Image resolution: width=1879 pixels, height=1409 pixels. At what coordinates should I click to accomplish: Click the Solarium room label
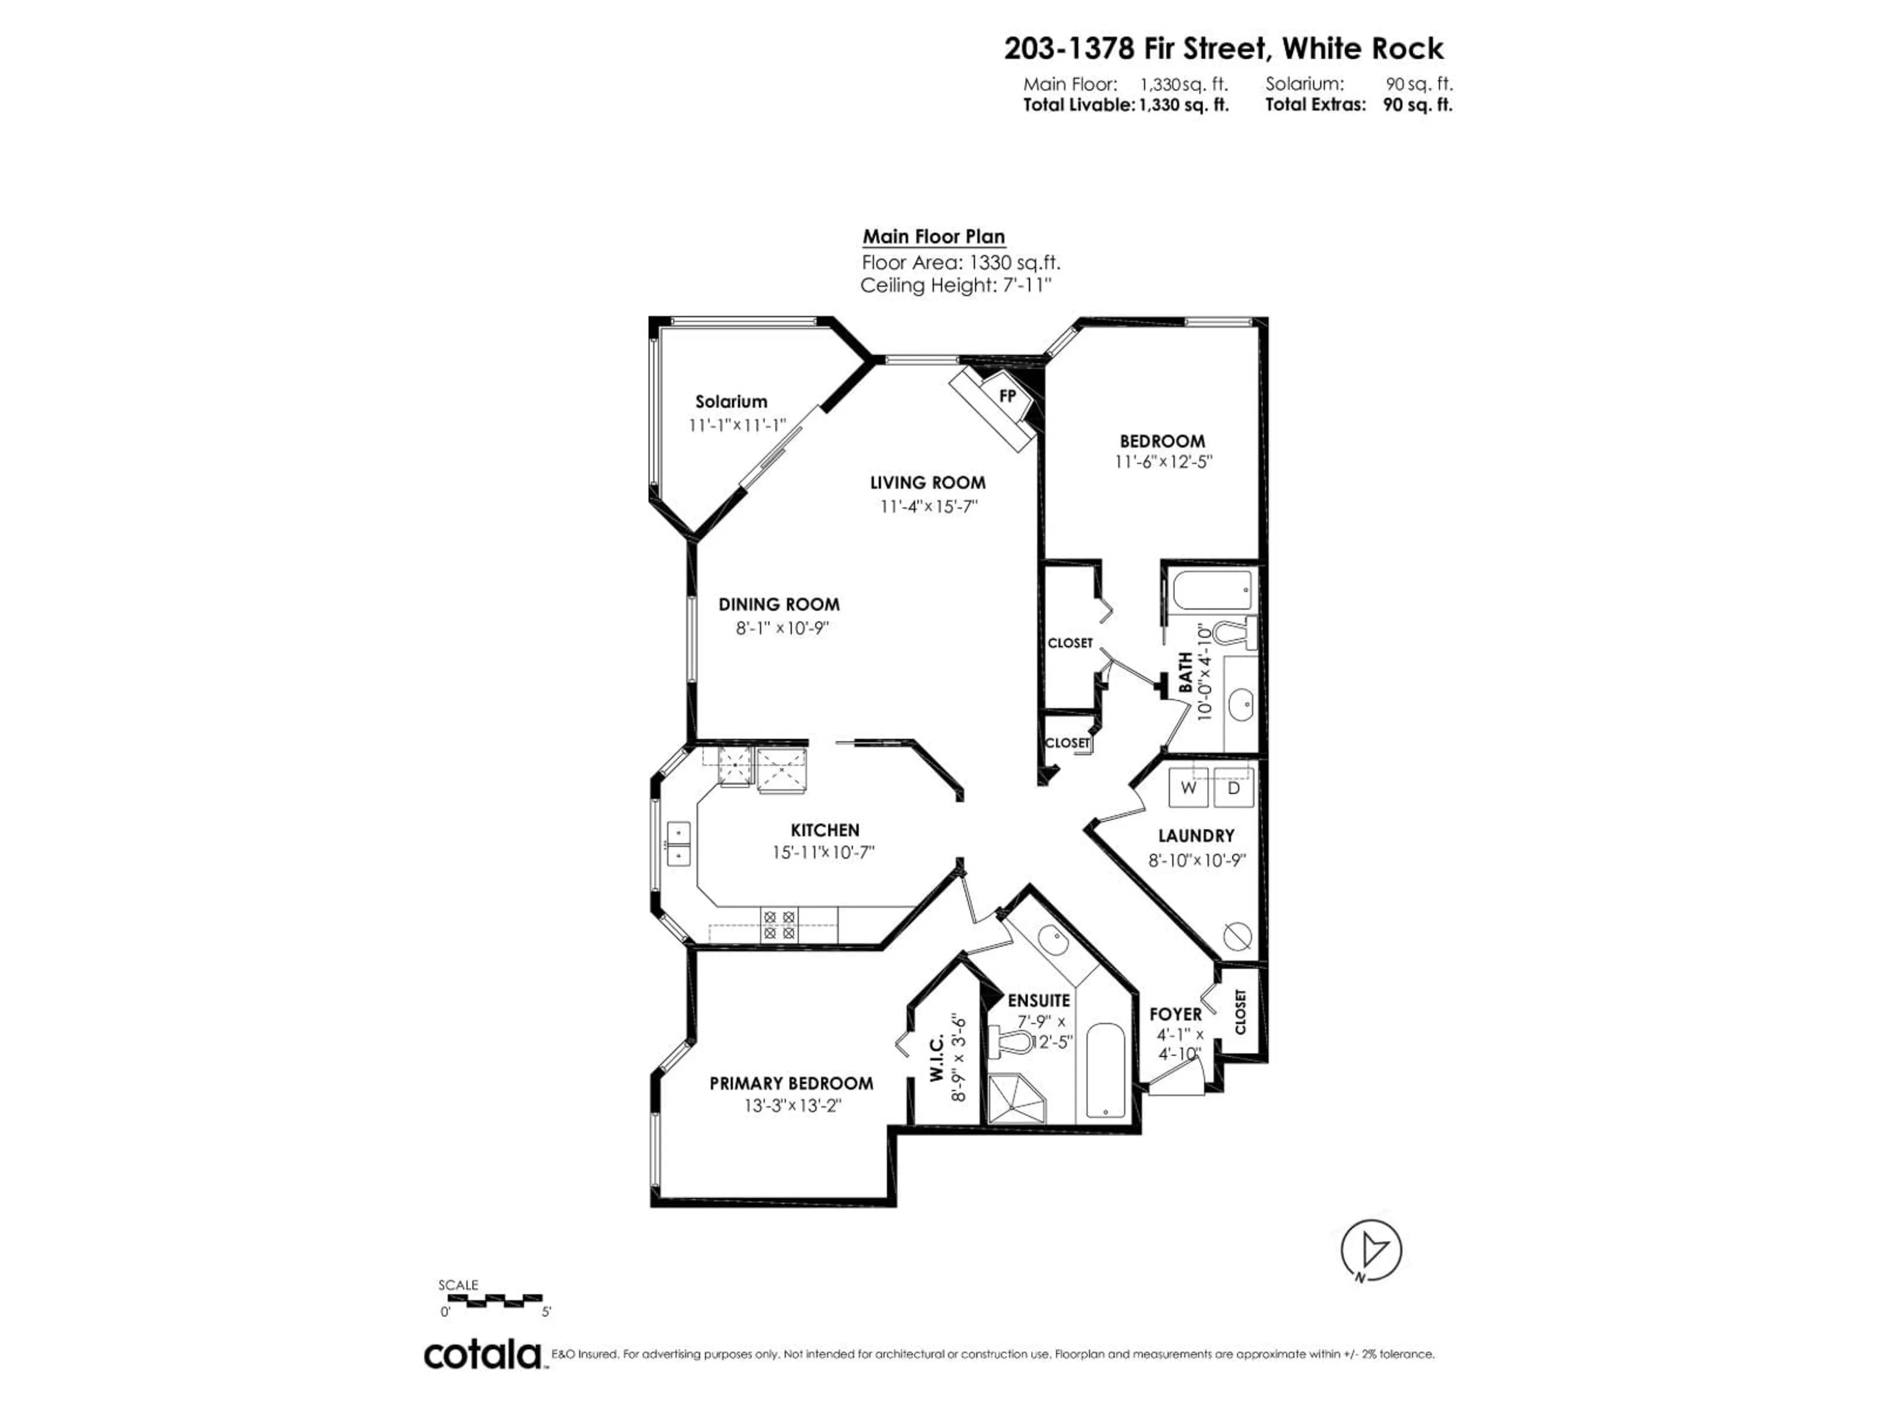[x=731, y=402]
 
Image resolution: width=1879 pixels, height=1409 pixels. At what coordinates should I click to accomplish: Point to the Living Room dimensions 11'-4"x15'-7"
[x=928, y=506]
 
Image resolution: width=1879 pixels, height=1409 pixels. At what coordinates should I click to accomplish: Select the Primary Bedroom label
[x=791, y=1084]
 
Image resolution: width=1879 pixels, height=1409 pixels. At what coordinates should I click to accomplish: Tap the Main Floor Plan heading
[x=934, y=237]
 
